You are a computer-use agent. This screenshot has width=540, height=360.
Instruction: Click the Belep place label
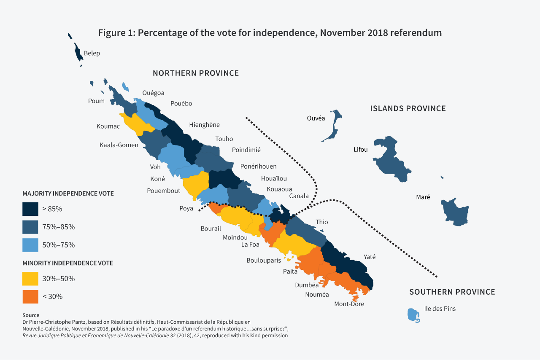pyautogui.click(x=92, y=53)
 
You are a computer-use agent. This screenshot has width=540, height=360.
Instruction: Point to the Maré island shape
pyautogui.click(x=455, y=211)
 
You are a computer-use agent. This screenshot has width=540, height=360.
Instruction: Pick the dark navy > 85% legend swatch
pyautogui.click(x=30, y=209)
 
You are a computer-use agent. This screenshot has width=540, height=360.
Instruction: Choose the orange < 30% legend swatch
pyautogui.click(x=30, y=296)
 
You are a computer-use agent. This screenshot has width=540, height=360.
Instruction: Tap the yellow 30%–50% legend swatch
pyautogui.click(x=30, y=279)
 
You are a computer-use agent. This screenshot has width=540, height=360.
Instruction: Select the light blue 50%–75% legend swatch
pyautogui.click(x=30, y=244)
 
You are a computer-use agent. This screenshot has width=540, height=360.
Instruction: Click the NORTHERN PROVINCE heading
pyautogui.click(x=196, y=73)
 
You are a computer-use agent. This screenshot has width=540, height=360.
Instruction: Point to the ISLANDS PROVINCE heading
pyautogui.click(x=408, y=108)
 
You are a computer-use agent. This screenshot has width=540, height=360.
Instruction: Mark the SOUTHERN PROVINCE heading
pyautogui.click(x=452, y=292)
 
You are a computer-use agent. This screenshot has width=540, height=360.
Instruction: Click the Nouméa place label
pyautogui.click(x=317, y=295)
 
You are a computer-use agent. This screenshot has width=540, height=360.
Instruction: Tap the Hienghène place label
pyautogui.click(x=204, y=125)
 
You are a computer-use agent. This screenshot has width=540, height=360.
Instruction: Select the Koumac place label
pyautogui.click(x=108, y=126)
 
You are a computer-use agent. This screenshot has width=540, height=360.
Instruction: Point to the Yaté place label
pyautogui.click(x=370, y=257)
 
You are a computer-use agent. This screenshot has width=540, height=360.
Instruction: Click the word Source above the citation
pyautogui.click(x=31, y=315)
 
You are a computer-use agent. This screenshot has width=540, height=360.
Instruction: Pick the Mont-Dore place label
pyautogui.click(x=349, y=304)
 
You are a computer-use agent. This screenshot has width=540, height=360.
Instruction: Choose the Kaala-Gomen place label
pyautogui.click(x=119, y=145)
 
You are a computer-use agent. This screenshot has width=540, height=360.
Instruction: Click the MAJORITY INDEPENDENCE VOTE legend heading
pyautogui.click(x=68, y=193)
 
